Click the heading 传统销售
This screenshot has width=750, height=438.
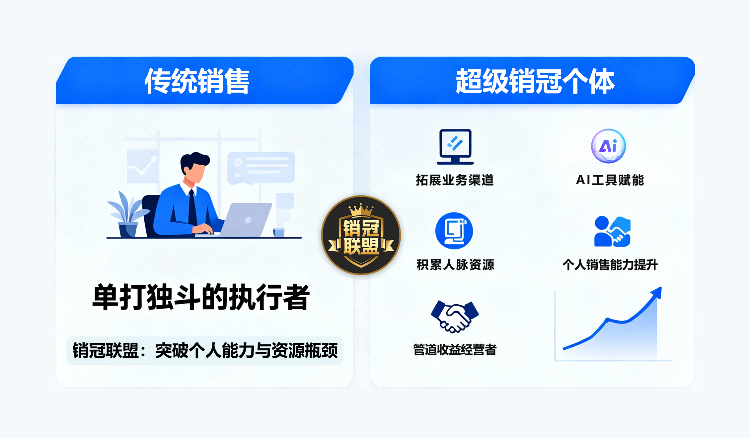click(x=197, y=81)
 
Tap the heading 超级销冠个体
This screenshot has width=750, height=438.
click(x=535, y=81)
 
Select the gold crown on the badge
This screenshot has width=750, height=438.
click(x=361, y=210)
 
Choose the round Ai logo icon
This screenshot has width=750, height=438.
click(x=608, y=146)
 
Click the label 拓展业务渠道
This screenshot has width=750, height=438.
click(x=455, y=180)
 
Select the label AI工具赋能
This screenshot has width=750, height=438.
click(x=610, y=180)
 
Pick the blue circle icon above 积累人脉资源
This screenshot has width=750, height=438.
click(x=454, y=231)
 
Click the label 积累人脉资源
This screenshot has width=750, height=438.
click(x=455, y=265)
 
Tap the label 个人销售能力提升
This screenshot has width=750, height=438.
click(x=610, y=265)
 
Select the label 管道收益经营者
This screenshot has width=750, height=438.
click(x=455, y=350)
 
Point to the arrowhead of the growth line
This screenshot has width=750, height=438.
click(x=657, y=293)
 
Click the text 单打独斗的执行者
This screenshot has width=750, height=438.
click(x=201, y=297)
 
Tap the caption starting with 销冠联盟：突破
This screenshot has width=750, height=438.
click(x=205, y=350)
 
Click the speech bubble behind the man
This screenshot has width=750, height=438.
click(x=261, y=168)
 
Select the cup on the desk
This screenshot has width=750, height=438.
click(x=279, y=232)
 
